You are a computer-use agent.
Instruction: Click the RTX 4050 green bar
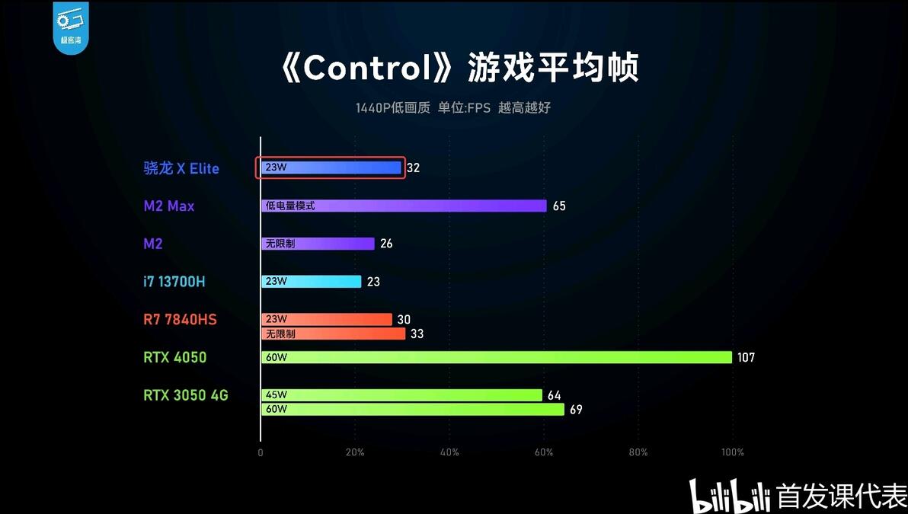click(496, 357)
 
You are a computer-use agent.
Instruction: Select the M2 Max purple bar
click(404, 206)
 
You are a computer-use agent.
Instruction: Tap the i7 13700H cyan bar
click(311, 282)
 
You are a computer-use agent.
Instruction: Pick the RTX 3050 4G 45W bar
click(401, 395)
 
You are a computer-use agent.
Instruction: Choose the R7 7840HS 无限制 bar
click(333, 334)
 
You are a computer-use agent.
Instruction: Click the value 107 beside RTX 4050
click(746, 357)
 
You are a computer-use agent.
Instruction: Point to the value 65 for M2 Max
click(559, 206)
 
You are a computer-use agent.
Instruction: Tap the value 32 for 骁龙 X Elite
click(414, 168)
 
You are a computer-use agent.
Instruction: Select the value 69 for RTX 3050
click(576, 410)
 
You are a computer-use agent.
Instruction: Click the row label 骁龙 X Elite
click(181, 168)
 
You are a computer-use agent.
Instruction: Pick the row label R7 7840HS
click(180, 320)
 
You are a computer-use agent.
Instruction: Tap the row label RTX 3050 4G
click(186, 395)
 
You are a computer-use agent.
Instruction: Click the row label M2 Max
click(169, 206)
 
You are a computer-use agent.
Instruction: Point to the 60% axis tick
click(544, 452)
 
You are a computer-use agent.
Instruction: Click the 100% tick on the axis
click(732, 452)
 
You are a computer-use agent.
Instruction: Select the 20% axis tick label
click(355, 452)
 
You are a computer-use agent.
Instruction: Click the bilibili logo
click(730, 496)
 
